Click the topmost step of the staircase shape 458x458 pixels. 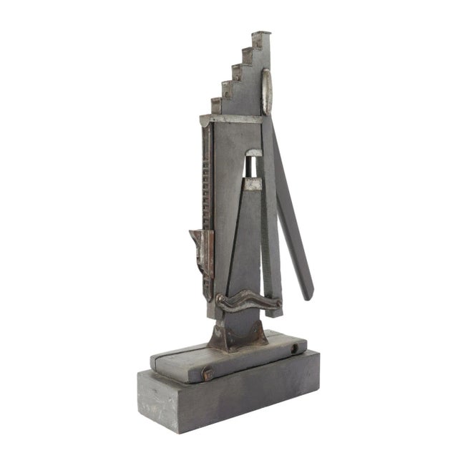point(261,34)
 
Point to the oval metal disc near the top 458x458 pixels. point(266,91)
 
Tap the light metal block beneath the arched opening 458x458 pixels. point(253,184)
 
